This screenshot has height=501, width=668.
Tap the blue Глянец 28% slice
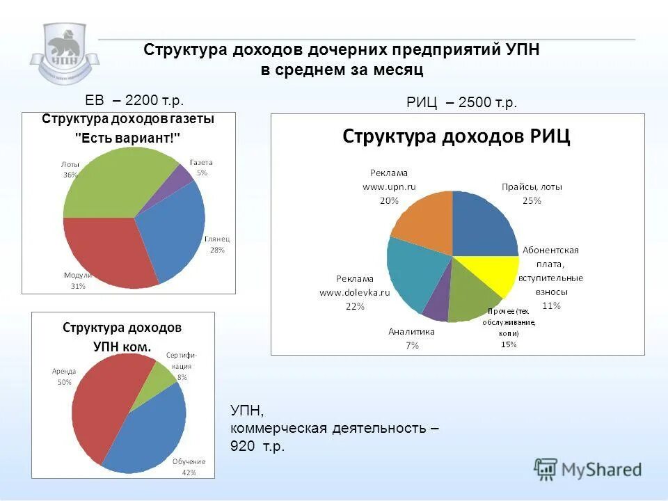point(174,237)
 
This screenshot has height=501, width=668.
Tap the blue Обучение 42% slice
point(150,438)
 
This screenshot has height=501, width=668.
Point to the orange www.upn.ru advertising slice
point(424,223)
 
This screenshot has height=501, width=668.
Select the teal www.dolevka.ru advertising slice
point(414,278)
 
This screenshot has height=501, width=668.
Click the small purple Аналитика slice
point(438,306)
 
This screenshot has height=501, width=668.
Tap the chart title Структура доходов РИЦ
point(456,136)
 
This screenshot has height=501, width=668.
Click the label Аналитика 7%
point(412,337)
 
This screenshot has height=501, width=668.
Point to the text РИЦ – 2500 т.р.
point(461,103)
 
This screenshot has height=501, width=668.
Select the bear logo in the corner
point(65,52)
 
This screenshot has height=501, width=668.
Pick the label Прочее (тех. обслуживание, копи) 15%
point(510,327)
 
